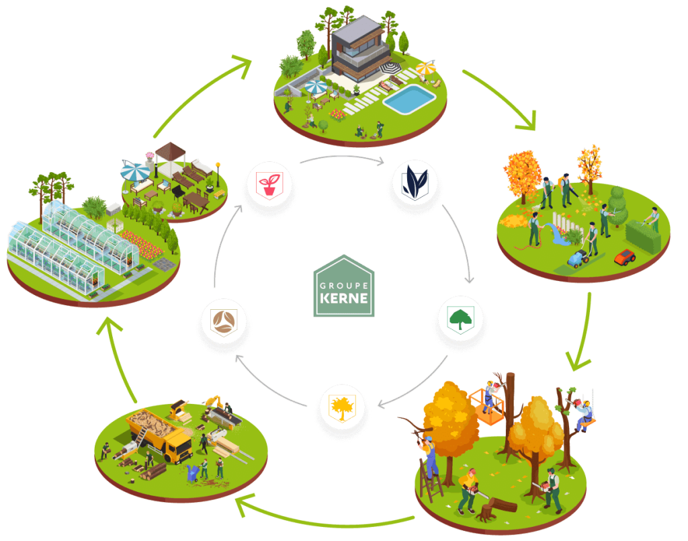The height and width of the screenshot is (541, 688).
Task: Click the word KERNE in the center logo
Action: pyautogui.click(x=344, y=296)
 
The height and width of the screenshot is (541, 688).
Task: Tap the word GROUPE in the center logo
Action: pyautogui.click(x=344, y=282)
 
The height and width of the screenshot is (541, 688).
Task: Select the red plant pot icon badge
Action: pyautogui.click(x=269, y=185)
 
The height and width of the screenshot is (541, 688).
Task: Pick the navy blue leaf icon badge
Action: pyautogui.click(x=416, y=184)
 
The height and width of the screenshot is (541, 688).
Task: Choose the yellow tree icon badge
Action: pyautogui.click(x=342, y=407)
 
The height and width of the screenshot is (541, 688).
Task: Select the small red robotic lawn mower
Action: pyautogui.click(x=625, y=257)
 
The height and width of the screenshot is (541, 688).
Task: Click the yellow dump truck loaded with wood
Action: pyautogui.click(x=161, y=433)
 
